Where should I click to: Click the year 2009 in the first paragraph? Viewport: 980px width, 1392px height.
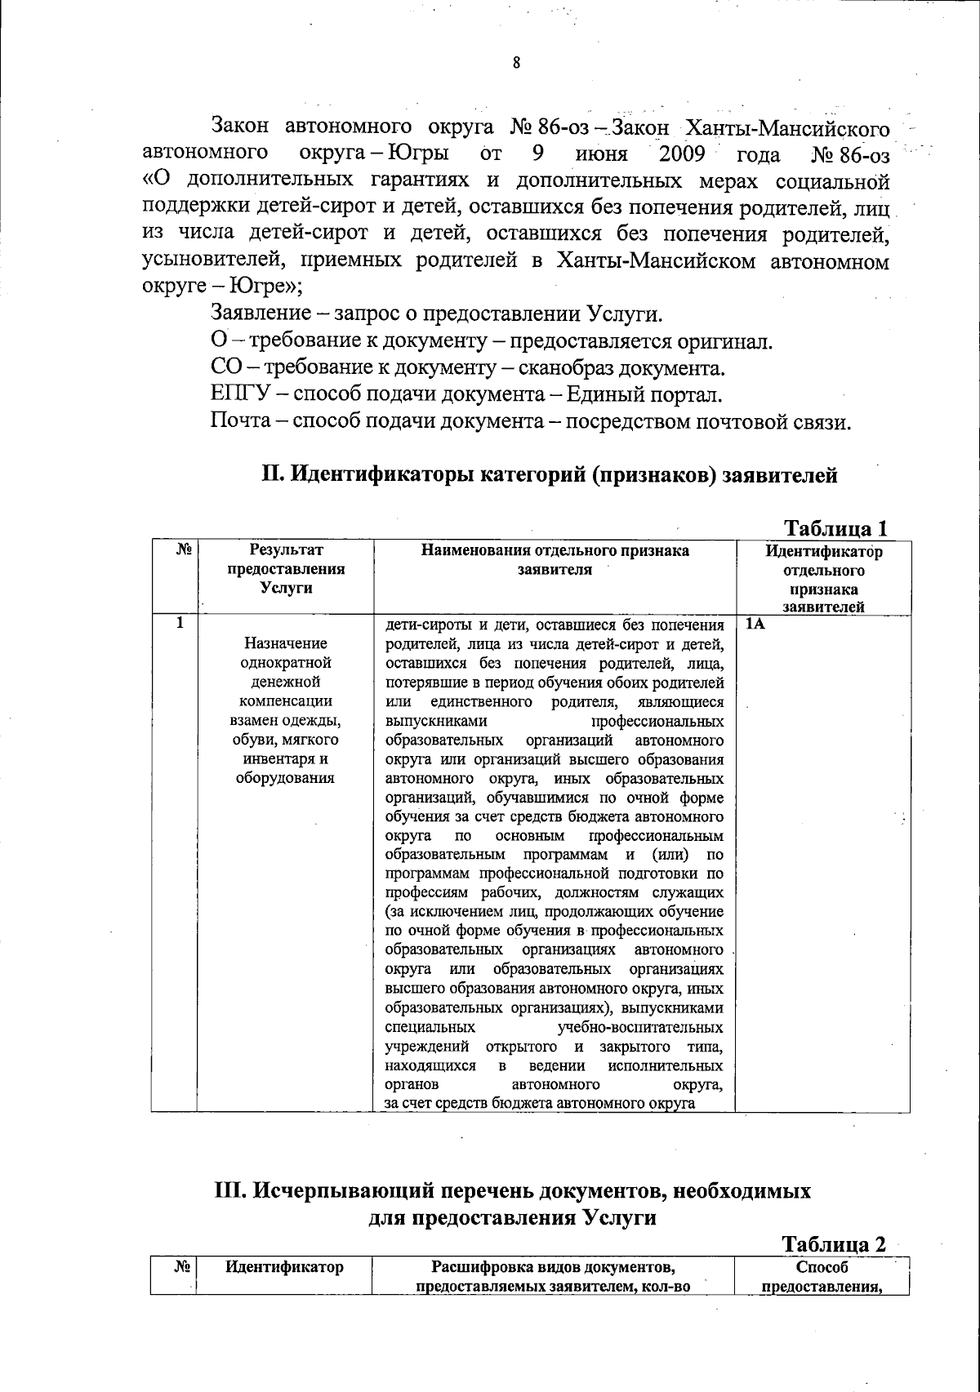(x=681, y=153)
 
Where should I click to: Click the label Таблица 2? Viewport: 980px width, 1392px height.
(x=834, y=1243)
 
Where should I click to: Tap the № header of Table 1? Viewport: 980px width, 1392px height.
(x=184, y=551)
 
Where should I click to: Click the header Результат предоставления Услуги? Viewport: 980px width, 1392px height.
(x=286, y=569)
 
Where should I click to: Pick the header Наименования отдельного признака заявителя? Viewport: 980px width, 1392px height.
(x=555, y=560)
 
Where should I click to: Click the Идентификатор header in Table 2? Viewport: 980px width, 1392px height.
(x=284, y=1267)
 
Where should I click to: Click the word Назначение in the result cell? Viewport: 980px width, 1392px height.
(x=286, y=643)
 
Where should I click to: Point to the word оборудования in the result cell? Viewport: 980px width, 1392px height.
(x=285, y=777)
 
